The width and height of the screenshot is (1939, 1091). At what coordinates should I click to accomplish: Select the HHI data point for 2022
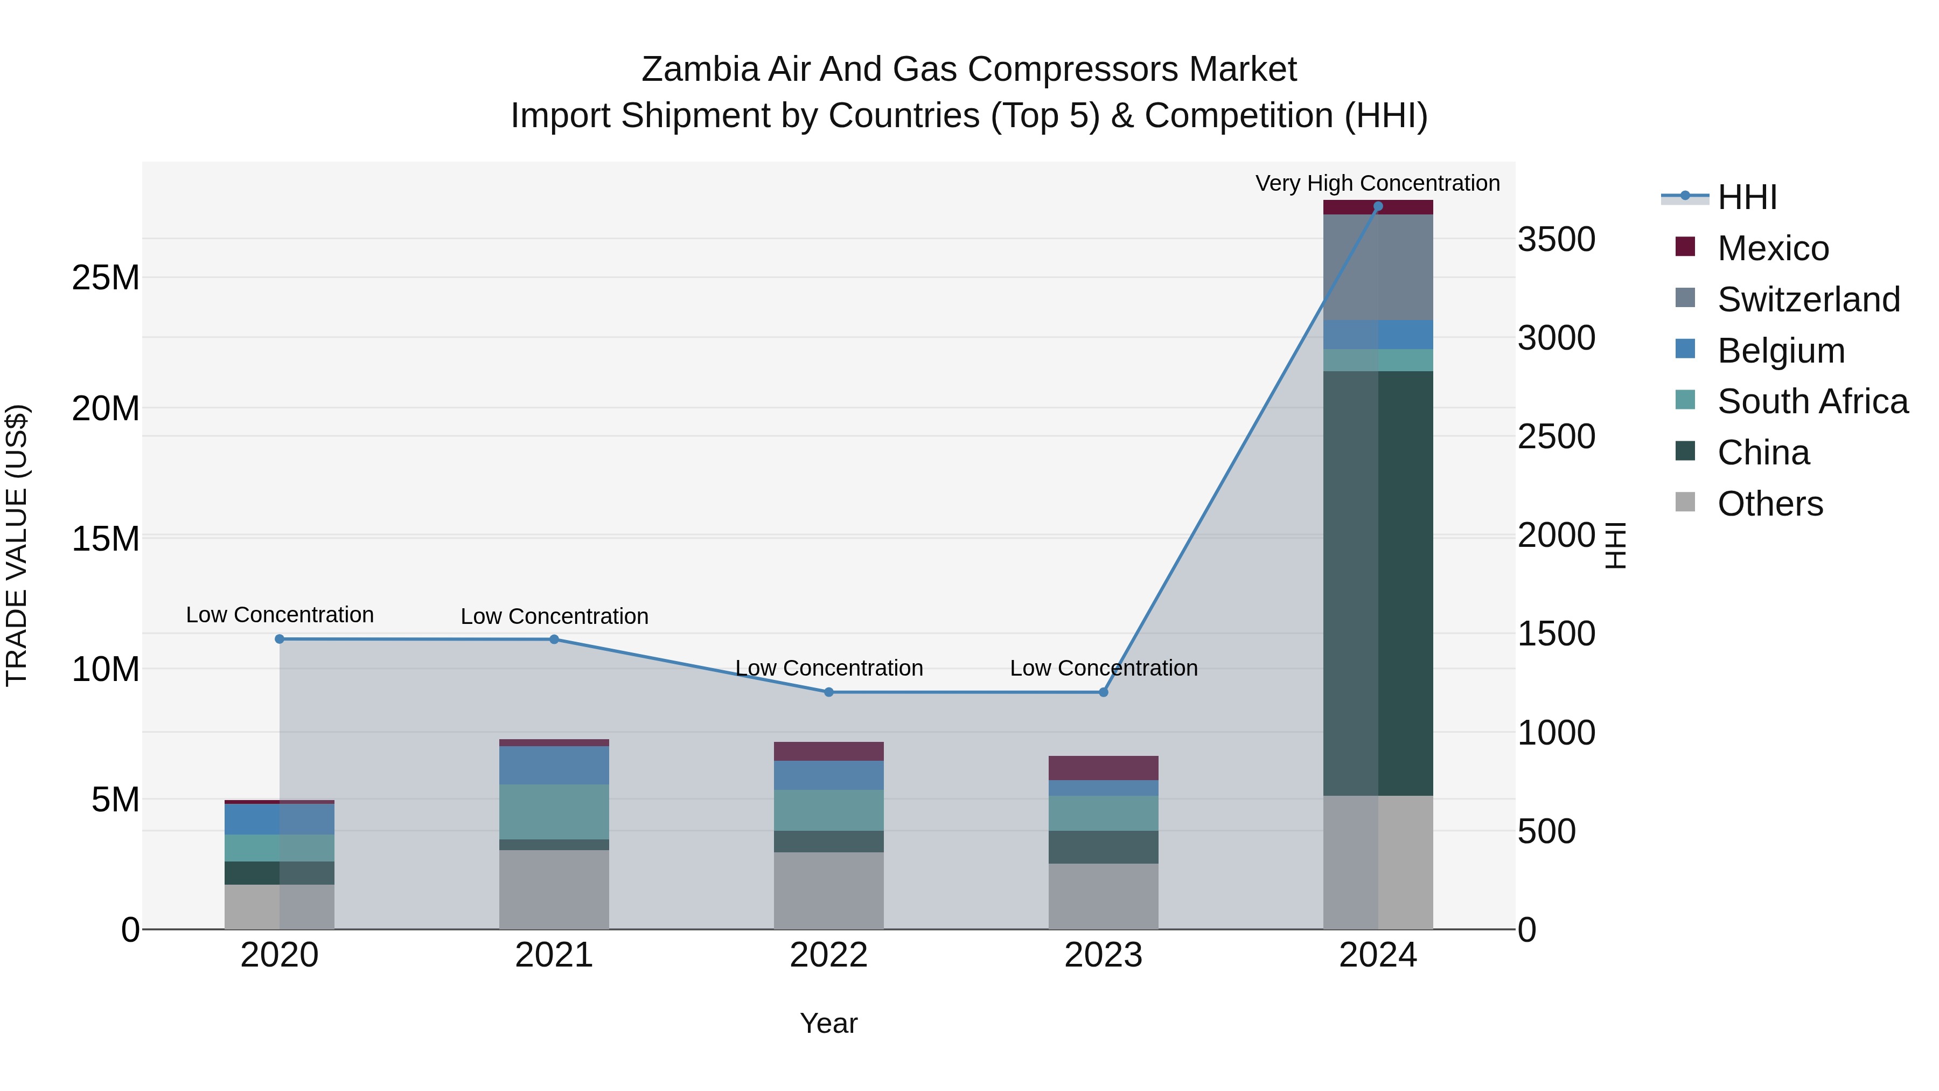pyautogui.click(x=829, y=692)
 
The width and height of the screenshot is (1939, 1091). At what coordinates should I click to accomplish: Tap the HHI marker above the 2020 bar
pyautogui.click(x=279, y=639)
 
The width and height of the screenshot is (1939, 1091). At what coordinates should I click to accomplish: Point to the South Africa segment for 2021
pyautogui.click(x=554, y=812)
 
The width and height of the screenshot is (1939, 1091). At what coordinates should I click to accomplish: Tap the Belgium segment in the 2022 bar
pyautogui.click(x=829, y=775)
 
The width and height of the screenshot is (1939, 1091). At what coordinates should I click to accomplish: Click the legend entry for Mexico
pyautogui.click(x=1773, y=248)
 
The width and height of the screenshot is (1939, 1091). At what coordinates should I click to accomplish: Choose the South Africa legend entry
pyautogui.click(x=1812, y=401)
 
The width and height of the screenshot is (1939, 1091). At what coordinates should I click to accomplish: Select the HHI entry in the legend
pyautogui.click(x=1746, y=197)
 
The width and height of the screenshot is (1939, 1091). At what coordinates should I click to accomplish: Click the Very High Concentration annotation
pyautogui.click(x=1377, y=183)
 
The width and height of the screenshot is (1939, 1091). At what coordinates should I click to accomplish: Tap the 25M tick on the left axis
pyautogui.click(x=106, y=278)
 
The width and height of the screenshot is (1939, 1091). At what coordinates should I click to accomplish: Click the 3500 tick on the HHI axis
pyautogui.click(x=1556, y=239)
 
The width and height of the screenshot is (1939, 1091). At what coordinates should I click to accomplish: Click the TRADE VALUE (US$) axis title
pyautogui.click(x=17, y=545)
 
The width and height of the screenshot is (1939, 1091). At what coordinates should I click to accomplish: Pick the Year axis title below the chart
pyautogui.click(x=829, y=1023)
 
